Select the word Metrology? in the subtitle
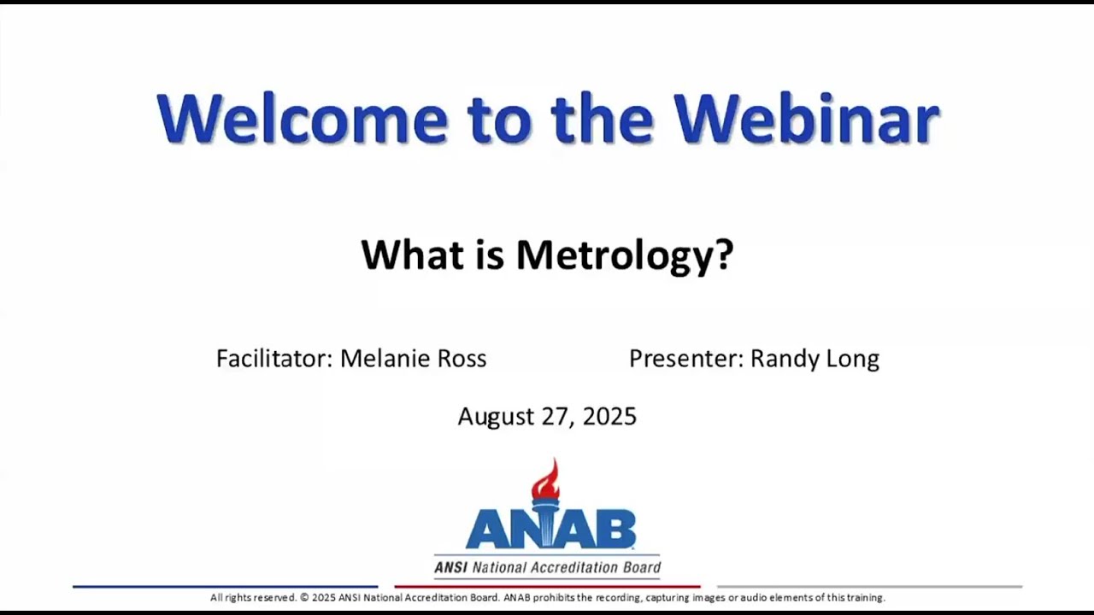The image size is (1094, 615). pyautogui.click(x=625, y=255)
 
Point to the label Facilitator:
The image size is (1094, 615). pyautogui.click(x=274, y=359)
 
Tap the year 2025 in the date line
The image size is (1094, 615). pyautogui.click(x=609, y=417)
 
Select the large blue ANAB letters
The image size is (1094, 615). pyautogui.click(x=550, y=530)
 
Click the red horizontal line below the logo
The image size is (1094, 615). pyautogui.click(x=547, y=587)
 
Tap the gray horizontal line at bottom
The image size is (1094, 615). pyautogui.click(x=868, y=587)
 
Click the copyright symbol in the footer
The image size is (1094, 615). pyautogui.click(x=304, y=598)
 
